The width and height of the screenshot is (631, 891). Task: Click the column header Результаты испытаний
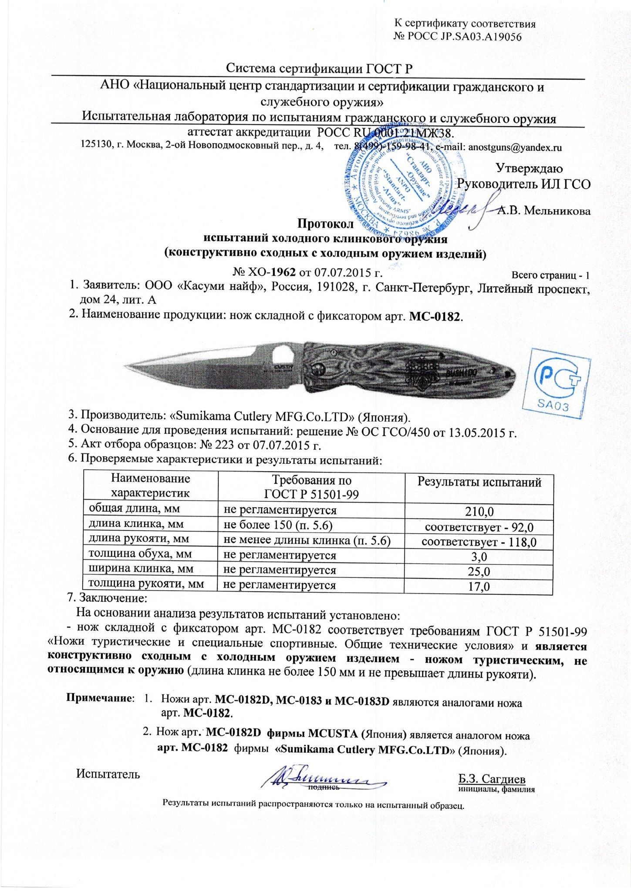(x=479, y=482)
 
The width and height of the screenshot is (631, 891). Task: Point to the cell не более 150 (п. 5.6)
(x=278, y=525)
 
